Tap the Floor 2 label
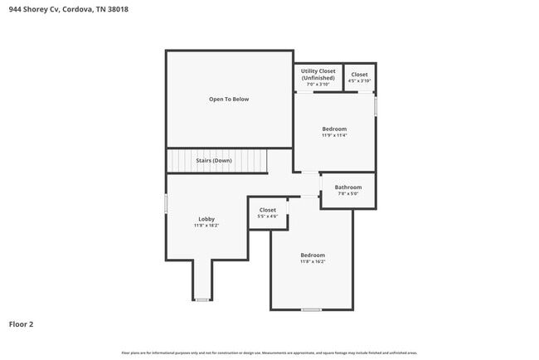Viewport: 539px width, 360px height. pyautogui.click(x=22, y=324)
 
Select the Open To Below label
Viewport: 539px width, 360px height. pyautogui.click(x=229, y=100)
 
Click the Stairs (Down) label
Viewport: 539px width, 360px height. pyautogui.click(x=214, y=160)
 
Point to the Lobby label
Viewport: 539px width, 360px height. pyautogui.click(x=206, y=219)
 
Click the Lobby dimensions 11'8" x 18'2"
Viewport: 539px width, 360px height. pyautogui.click(x=206, y=226)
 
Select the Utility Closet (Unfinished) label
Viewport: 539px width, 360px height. pyautogui.click(x=318, y=75)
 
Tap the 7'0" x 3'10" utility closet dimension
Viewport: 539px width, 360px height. pyautogui.click(x=318, y=85)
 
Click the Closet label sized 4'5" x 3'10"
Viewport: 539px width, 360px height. pyautogui.click(x=359, y=75)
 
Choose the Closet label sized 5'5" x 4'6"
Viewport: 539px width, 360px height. pyautogui.click(x=268, y=210)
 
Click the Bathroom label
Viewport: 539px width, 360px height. pyautogui.click(x=348, y=187)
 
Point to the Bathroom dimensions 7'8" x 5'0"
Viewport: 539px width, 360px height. pyautogui.click(x=348, y=194)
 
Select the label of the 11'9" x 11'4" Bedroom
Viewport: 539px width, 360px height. pyautogui.click(x=334, y=129)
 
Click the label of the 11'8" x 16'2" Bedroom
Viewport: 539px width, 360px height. pyautogui.click(x=313, y=255)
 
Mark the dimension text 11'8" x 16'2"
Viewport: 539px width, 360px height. pyautogui.click(x=313, y=261)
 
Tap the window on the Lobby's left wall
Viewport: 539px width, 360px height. pyautogui.click(x=166, y=203)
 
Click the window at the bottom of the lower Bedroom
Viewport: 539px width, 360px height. pyautogui.click(x=311, y=309)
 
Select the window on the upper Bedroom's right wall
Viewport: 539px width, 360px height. pyautogui.click(x=376, y=107)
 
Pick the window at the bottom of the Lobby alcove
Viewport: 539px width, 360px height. pyautogui.click(x=202, y=299)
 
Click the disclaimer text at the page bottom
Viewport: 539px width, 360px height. pyautogui.click(x=269, y=353)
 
